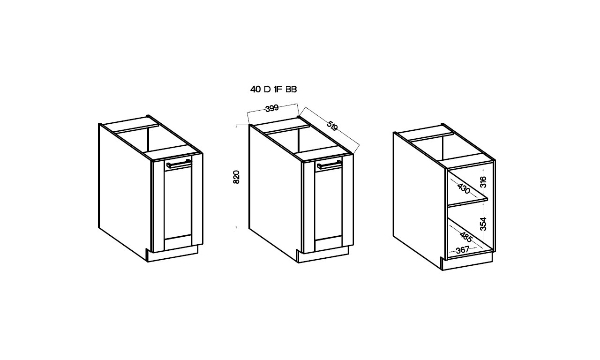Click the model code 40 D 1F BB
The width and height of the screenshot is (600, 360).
[x=273, y=89]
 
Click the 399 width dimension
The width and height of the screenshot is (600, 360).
[x=272, y=108]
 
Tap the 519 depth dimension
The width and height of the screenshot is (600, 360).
[x=332, y=126]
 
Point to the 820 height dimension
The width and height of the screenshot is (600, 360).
[x=236, y=177]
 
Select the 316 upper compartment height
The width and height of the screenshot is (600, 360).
[x=483, y=182]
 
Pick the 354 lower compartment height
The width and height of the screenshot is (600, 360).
[x=483, y=224]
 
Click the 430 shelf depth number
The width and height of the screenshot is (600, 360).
[x=464, y=188]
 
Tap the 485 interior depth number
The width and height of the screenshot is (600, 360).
[x=466, y=237]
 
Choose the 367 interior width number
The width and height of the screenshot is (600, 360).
[x=463, y=250]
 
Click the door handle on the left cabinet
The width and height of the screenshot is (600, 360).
[x=179, y=164]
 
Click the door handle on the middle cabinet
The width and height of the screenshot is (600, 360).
[x=329, y=165]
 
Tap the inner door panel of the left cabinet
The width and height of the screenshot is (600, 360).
[x=178, y=203]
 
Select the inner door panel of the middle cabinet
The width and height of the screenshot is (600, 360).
[x=329, y=204]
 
